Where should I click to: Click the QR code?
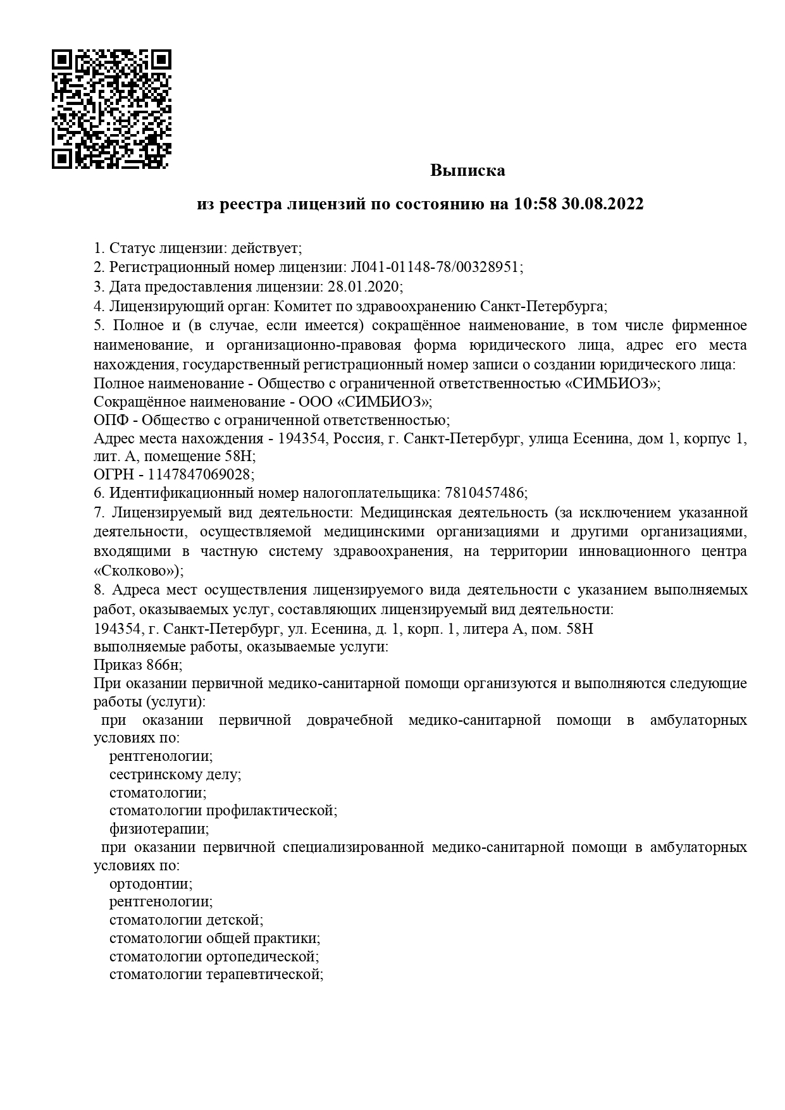[x=111, y=109]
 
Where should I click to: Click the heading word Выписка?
[x=467, y=170]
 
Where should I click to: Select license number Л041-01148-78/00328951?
[x=436, y=267]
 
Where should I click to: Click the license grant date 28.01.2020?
[x=364, y=287]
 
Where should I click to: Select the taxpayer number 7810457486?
[x=485, y=492]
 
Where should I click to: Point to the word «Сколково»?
[x=135, y=570]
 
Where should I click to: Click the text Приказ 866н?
[x=137, y=665]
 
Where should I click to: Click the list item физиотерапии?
[x=158, y=829]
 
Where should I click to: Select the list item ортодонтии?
[x=150, y=884]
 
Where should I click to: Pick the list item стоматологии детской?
[x=185, y=920]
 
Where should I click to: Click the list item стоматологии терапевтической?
[x=216, y=975]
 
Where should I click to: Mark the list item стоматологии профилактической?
[x=222, y=810]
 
